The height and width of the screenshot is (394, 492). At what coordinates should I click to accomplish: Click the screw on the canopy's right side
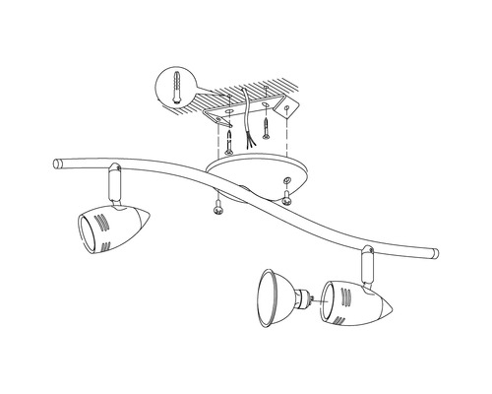pos(286,200)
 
